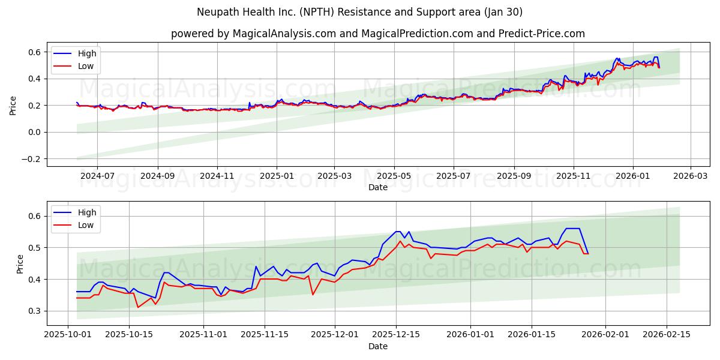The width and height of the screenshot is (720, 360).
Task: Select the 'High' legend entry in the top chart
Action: [87, 53]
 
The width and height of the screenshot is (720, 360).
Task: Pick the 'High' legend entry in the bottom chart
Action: [87, 212]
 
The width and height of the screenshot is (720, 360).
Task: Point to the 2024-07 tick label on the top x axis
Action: [97, 176]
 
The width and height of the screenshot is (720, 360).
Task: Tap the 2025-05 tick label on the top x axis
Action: [394, 176]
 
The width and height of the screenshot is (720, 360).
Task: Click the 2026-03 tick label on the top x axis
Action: [690, 176]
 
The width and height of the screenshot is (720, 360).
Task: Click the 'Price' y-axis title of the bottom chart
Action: [20, 263]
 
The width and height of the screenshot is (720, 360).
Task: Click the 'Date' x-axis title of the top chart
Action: [377, 187]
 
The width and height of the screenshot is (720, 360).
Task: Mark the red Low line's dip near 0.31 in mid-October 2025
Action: [138, 307]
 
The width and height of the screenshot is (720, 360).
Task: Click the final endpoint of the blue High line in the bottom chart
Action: [587, 253]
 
